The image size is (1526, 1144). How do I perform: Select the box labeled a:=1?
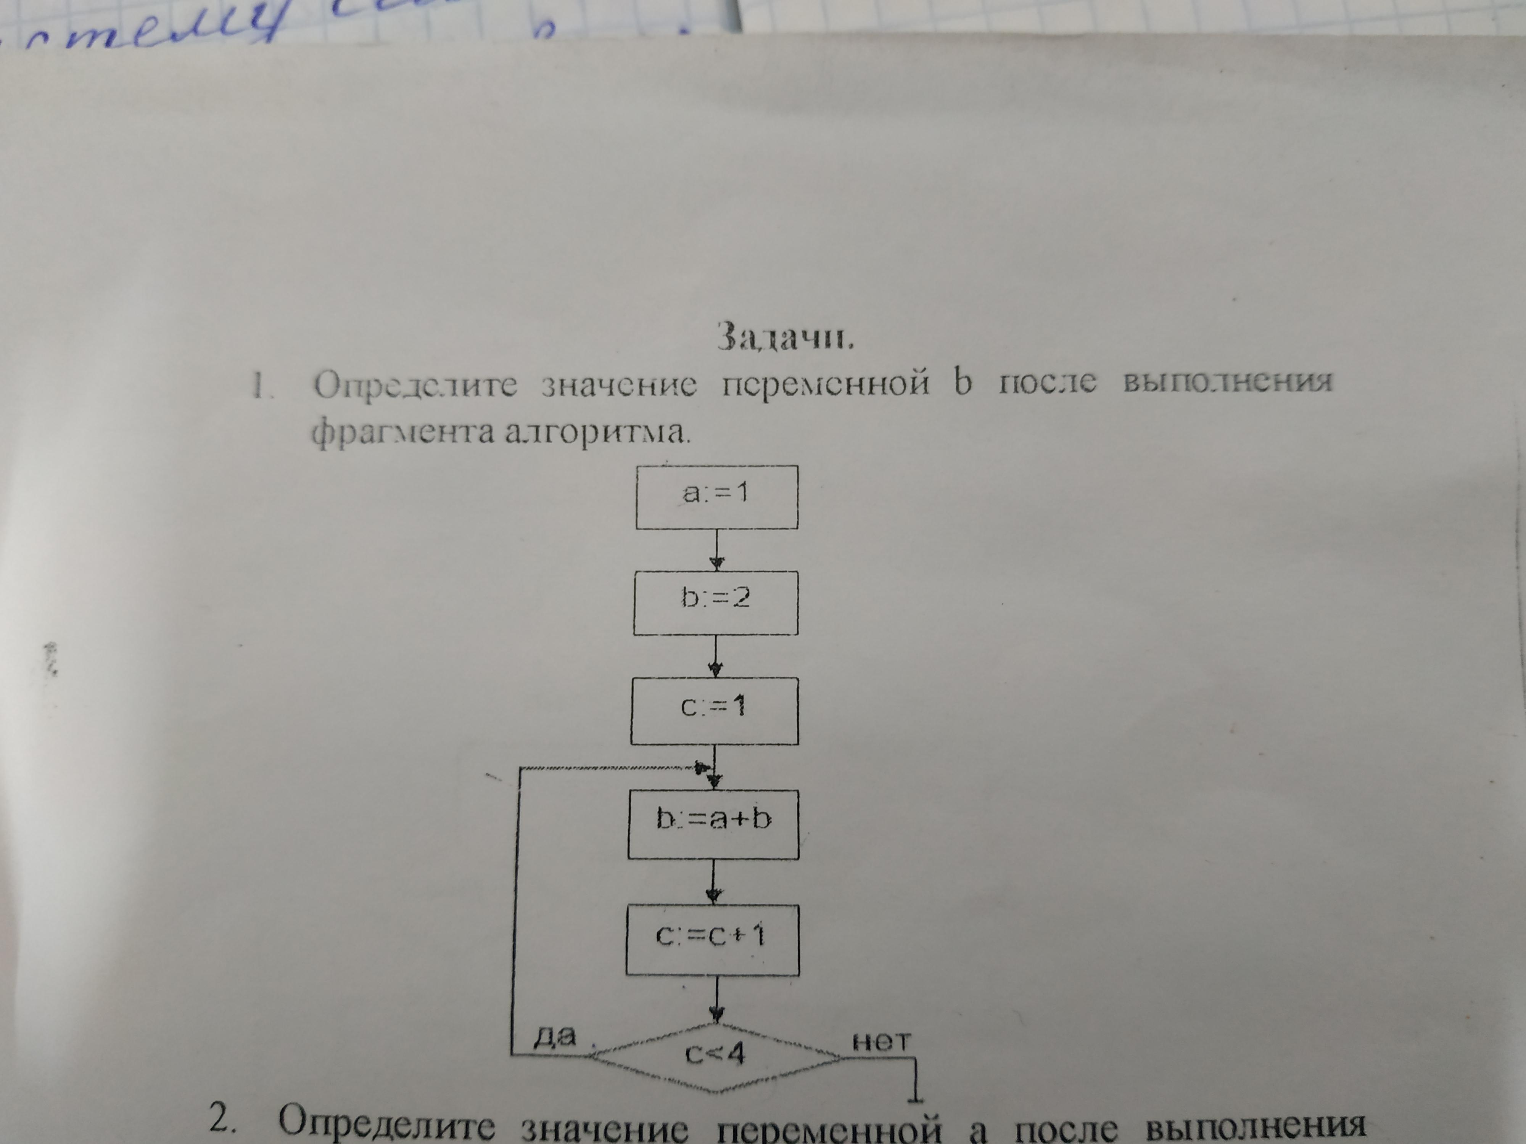717,496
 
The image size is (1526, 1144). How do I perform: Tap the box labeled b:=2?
715,602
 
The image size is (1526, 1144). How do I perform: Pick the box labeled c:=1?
714,710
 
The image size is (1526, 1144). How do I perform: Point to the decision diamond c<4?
715,1055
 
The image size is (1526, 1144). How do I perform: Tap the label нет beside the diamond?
881,1041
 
